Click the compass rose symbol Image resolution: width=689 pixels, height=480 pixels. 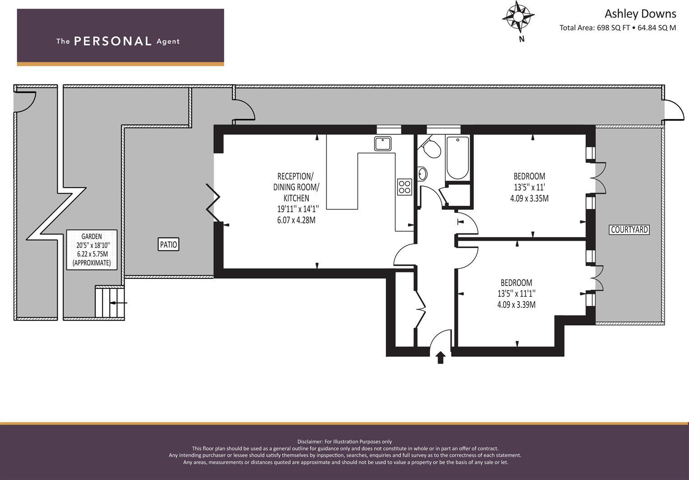(x=518, y=17)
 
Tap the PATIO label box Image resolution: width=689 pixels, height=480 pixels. (x=168, y=245)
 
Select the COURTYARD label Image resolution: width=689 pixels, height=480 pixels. (x=629, y=230)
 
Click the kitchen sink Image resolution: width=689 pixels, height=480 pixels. (x=383, y=143)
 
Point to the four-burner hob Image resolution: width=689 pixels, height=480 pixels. (x=404, y=187)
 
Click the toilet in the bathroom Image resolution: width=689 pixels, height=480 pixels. (x=432, y=148)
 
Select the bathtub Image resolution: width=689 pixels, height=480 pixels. (x=458, y=157)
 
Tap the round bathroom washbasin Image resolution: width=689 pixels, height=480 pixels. (x=422, y=174)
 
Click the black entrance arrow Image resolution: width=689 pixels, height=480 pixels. (x=440, y=358)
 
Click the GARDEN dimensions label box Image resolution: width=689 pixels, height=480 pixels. (x=92, y=249)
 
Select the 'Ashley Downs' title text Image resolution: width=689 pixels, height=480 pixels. (x=640, y=14)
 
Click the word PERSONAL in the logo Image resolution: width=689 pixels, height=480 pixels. (x=113, y=42)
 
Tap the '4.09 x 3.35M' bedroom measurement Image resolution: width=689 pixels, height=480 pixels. (x=529, y=198)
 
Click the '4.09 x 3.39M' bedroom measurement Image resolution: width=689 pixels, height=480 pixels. (x=516, y=305)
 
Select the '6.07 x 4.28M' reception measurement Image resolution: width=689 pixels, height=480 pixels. (x=296, y=220)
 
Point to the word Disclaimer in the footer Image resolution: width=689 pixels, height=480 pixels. (x=310, y=442)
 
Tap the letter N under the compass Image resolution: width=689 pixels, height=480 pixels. (x=522, y=39)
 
